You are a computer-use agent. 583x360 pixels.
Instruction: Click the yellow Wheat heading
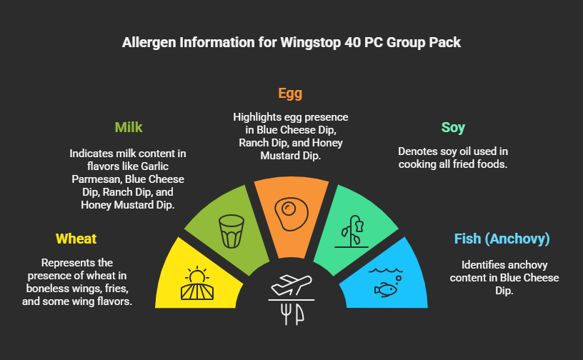76,239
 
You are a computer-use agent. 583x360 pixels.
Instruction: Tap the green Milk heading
129,128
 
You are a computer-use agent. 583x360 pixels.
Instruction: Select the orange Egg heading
290,94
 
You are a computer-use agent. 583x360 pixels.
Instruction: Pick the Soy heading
453,128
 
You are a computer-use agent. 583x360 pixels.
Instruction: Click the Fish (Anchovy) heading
502,239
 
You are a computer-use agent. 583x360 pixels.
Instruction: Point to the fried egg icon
289,211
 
